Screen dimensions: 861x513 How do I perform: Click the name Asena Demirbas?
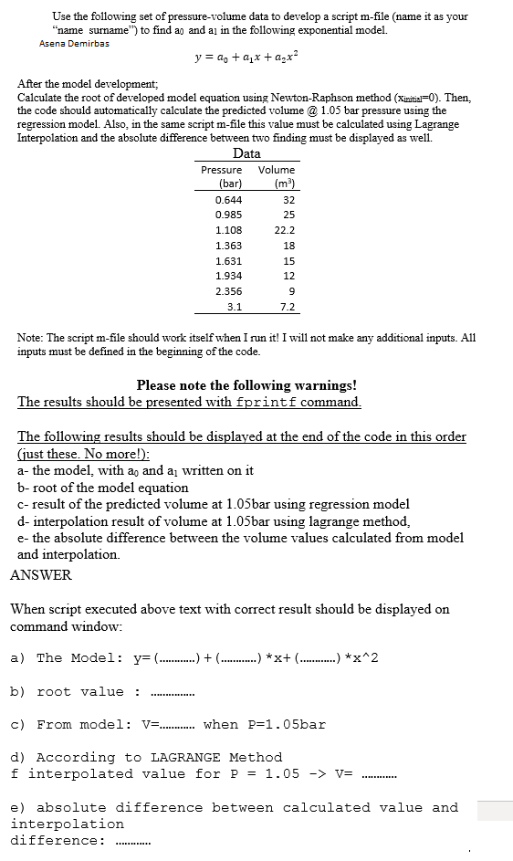click(x=74, y=43)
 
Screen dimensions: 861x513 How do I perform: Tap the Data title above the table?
click(x=246, y=153)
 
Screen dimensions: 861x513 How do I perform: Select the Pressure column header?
click(x=222, y=170)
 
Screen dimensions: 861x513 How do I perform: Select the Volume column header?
click(x=277, y=170)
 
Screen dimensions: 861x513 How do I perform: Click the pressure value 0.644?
click(x=228, y=200)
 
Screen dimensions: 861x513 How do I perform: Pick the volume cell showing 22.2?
click(x=285, y=230)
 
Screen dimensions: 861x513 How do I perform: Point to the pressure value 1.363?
click(x=228, y=246)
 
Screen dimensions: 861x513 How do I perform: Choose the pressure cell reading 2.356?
click(x=228, y=291)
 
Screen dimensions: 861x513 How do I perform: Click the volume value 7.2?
click(x=287, y=307)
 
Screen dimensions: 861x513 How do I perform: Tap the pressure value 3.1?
click(x=234, y=307)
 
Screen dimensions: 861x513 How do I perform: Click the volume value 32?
click(x=288, y=200)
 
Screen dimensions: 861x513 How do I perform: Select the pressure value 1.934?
click(x=228, y=276)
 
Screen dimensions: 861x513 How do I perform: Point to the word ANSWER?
click(x=40, y=575)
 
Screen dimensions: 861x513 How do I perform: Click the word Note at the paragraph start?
click(x=32, y=338)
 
